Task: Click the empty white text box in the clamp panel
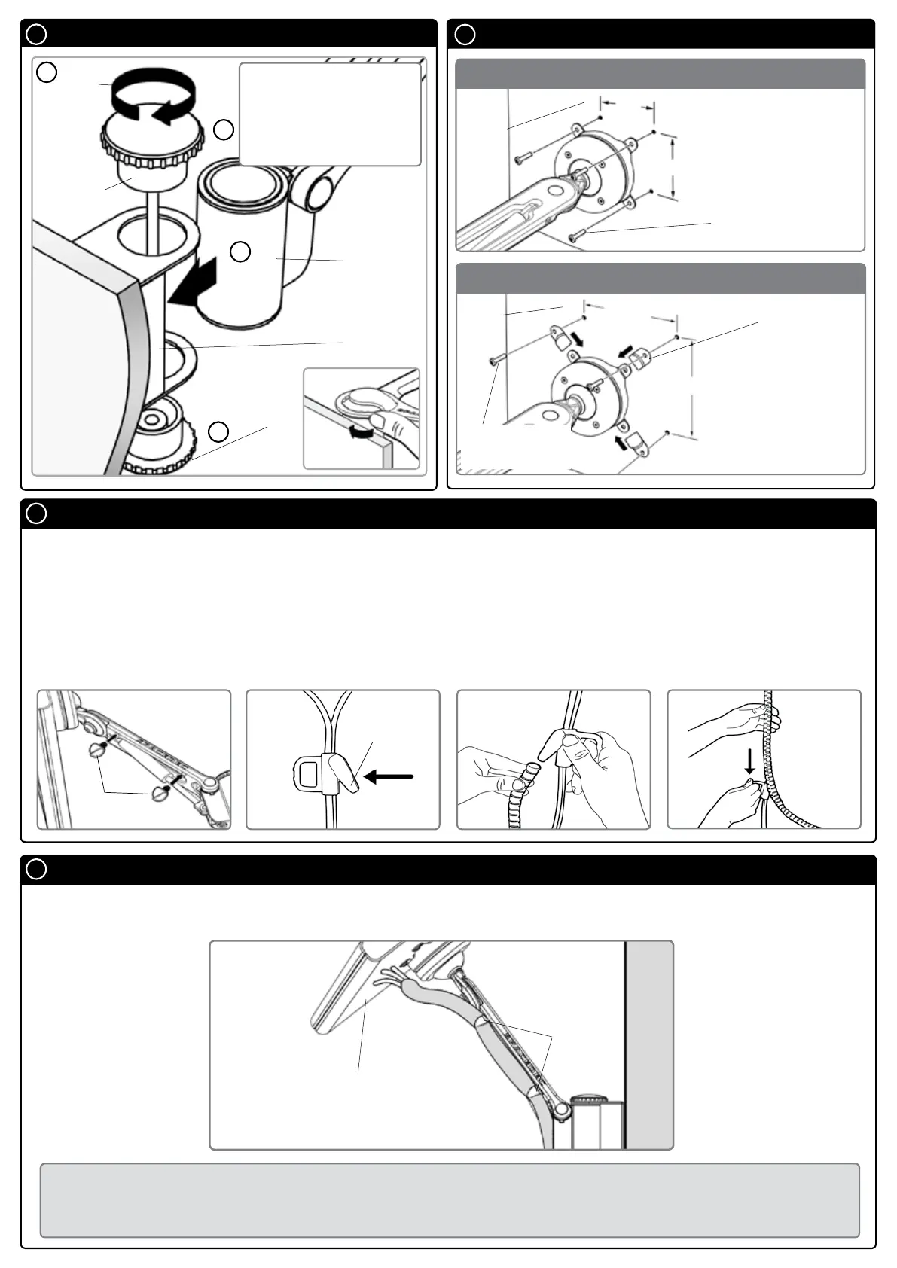pos(329,114)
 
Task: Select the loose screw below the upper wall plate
pos(577,236)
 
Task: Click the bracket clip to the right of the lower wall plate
pos(640,358)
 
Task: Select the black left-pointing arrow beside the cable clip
pos(389,777)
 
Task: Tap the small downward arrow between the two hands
pos(749,762)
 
